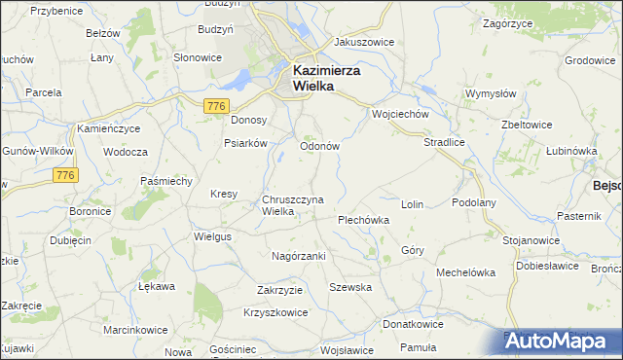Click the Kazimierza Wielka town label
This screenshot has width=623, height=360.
point(326,78)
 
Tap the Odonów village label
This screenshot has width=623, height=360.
point(318,146)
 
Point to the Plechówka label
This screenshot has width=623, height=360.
point(363,220)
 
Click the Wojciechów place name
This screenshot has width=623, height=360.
point(400,113)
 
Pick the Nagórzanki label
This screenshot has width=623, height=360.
point(298,255)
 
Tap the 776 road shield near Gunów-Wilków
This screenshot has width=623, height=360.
point(65,175)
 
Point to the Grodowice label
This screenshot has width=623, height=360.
point(591,60)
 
